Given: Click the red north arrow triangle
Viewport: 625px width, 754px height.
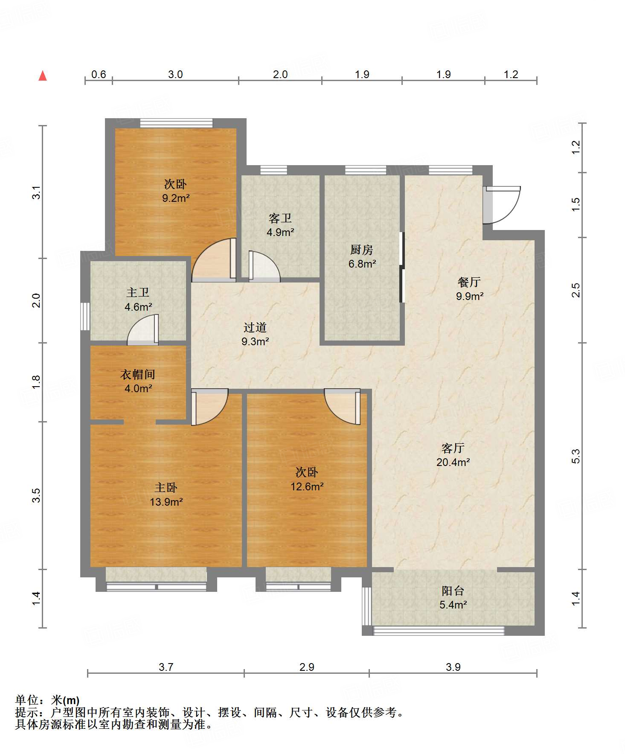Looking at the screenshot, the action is point(43,76).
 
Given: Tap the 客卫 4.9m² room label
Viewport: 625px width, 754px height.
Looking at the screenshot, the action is point(280,225).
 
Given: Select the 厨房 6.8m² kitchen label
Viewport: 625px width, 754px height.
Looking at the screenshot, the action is point(362,256).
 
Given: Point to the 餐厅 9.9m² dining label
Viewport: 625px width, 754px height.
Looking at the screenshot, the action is point(470,289).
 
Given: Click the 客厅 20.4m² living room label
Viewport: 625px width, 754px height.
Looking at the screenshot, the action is point(453,455).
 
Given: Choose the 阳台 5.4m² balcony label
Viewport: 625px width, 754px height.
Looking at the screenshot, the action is point(453,597).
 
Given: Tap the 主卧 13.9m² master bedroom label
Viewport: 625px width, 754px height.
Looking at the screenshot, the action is point(166,495).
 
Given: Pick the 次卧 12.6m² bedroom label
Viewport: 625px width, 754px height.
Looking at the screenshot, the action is point(307,479).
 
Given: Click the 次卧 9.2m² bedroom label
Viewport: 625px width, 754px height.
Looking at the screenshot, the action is point(176,191).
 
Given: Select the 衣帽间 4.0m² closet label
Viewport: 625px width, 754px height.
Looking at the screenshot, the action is point(138,381).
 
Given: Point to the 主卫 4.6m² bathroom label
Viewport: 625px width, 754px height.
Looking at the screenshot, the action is point(138,300).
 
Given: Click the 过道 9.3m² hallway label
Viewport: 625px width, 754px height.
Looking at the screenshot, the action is point(255,334).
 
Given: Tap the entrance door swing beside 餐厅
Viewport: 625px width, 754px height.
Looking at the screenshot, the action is point(502,205).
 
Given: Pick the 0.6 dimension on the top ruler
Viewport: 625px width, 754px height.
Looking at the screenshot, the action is point(99,74).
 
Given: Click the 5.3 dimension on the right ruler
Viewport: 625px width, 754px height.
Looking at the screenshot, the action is point(576,456).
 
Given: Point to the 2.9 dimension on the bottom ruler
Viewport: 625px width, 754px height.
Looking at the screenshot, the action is point(307,667).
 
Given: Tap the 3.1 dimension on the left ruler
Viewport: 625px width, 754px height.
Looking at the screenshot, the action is point(37,192).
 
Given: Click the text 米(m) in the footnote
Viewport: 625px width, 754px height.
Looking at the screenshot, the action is point(65,700).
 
